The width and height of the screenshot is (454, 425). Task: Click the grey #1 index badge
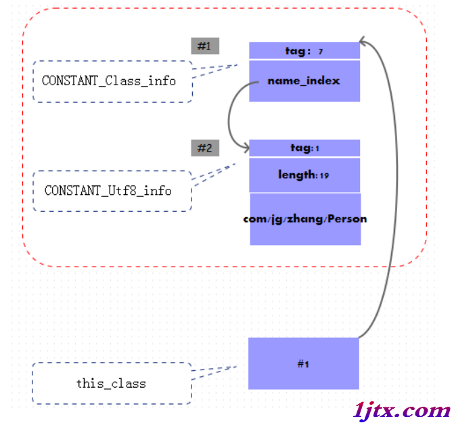(x=205, y=46)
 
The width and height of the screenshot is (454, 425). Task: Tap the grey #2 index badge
(x=205, y=148)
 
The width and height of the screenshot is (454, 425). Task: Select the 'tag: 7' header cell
(x=304, y=50)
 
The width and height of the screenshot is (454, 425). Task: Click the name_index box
(x=304, y=81)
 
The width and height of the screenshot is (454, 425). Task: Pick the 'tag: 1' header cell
(x=304, y=148)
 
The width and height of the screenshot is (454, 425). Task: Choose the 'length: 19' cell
(x=304, y=175)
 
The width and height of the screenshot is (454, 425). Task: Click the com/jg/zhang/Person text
(x=305, y=219)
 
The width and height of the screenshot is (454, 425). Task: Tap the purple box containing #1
(x=303, y=363)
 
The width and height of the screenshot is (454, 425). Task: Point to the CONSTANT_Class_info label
(x=109, y=81)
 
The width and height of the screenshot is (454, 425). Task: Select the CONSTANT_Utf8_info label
(x=108, y=190)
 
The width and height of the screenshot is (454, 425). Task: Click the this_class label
(x=111, y=384)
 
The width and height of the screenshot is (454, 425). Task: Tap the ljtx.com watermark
(x=402, y=411)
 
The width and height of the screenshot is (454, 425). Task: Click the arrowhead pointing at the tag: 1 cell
(x=247, y=148)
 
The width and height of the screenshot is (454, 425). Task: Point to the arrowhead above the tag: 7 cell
(x=362, y=41)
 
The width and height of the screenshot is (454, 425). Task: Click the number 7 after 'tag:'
(x=321, y=52)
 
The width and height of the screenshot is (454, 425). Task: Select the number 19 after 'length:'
(x=325, y=176)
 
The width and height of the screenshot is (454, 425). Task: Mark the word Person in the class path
(x=347, y=219)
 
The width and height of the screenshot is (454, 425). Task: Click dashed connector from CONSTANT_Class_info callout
(x=215, y=70)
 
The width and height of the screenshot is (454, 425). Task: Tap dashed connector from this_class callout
(x=214, y=372)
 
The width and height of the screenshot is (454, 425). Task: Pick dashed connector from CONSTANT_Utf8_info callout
(x=214, y=175)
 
